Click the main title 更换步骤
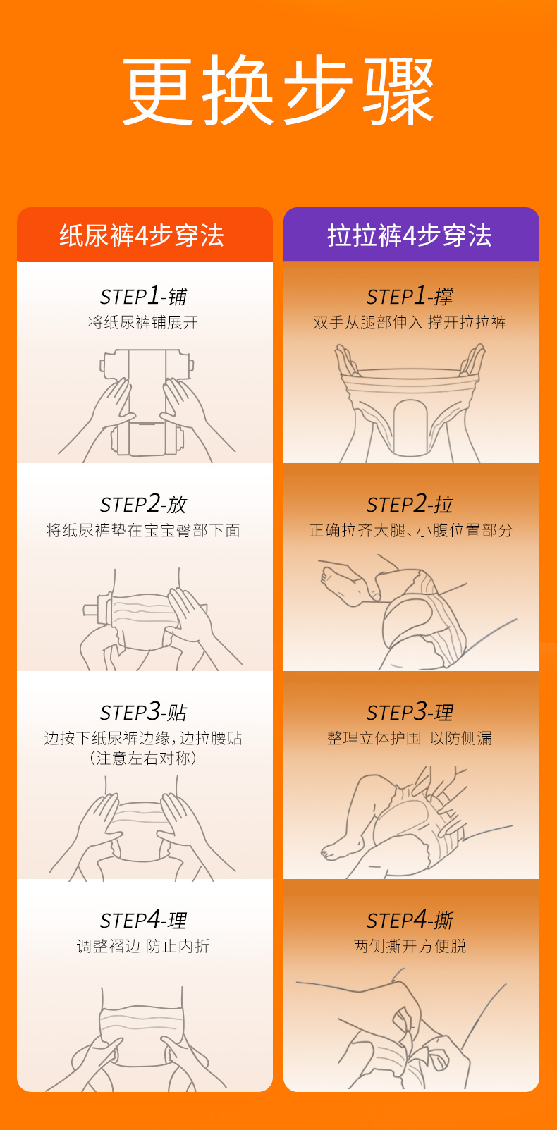pyautogui.click(x=278, y=91)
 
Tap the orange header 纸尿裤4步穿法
pyautogui.click(x=142, y=235)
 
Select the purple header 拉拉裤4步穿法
pyautogui.click(x=410, y=235)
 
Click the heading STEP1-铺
pyautogui.click(x=143, y=296)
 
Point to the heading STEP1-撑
pyautogui.click(x=410, y=296)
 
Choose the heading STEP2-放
pyautogui.click(x=143, y=504)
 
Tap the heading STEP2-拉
pyautogui.click(x=410, y=504)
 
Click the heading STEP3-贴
pyautogui.click(x=143, y=712)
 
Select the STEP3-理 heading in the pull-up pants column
pyautogui.click(x=410, y=712)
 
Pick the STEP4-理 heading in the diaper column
pyautogui.click(x=143, y=920)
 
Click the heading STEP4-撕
pyautogui.click(x=410, y=920)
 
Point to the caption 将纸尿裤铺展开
pyautogui.click(x=143, y=322)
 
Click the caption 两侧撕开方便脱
pyautogui.click(x=410, y=946)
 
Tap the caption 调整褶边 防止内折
pyautogui.click(x=143, y=946)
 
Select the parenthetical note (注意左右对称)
pyautogui.click(x=143, y=759)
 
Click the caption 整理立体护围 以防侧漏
pyautogui.click(x=410, y=738)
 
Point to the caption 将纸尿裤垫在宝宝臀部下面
pyautogui.click(x=143, y=530)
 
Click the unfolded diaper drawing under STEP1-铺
pyautogui.click(x=147, y=402)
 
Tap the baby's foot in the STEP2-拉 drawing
pyautogui.click(x=344, y=585)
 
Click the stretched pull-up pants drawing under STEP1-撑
pyautogui.click(x=410, y=403)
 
